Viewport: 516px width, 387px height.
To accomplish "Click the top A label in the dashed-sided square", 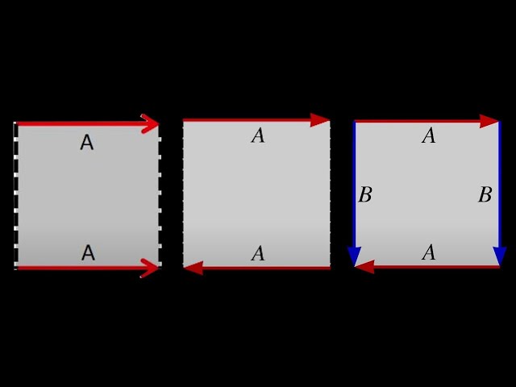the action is [x=87, y=144].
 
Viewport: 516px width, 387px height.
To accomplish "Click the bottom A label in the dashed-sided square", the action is [x=88, y=253].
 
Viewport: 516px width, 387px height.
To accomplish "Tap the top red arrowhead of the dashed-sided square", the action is [x=150, y=123].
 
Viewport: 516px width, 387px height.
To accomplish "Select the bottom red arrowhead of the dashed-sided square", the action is [x=150, y=268].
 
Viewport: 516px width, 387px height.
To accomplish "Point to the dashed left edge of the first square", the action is [x=15, y=193].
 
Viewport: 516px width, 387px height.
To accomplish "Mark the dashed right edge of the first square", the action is [x=159, y=193].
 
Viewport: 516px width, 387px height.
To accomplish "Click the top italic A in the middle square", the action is [x=258, y=136].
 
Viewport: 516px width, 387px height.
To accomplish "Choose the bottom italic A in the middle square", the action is [x=258, y=254].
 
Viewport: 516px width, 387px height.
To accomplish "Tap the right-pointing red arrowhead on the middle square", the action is [x=320, y=120].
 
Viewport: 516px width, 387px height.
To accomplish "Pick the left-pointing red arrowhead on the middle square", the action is [x=193, y=268].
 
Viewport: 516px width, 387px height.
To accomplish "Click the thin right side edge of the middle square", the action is [x=330, y=193].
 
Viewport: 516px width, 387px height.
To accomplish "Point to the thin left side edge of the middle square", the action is [x=184, y=193].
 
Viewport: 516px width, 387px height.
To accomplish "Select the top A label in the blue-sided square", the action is [x=429, y=136].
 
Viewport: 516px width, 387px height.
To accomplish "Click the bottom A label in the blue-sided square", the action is [x=429, y=253].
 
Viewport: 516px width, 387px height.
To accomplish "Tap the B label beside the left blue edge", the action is [x=365, y=195].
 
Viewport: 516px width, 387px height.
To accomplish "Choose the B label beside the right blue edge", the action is [x=485, y=195].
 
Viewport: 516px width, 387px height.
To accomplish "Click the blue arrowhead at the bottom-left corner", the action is [x=354, y=256].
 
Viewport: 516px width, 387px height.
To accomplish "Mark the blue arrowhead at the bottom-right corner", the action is [x=499, y=256].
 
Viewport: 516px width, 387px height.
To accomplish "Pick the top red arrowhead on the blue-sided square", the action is [x=489, y=121].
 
